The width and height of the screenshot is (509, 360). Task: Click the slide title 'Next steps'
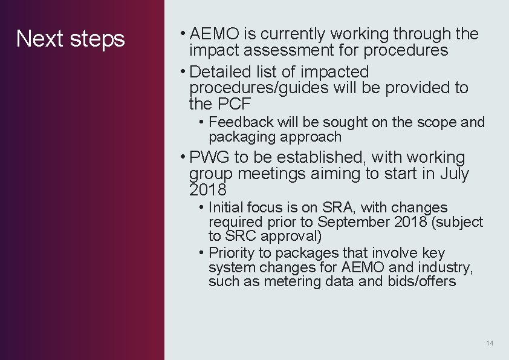(x=70, y=39)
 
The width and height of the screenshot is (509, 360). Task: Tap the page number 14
(x=490, y=344)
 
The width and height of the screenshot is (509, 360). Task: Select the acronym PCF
(x=231, y=104)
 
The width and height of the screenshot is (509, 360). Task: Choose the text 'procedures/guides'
(x=259, y=88)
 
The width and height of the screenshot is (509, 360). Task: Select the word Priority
(x=233, y=253)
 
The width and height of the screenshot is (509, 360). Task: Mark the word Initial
(x=227, y=208)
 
